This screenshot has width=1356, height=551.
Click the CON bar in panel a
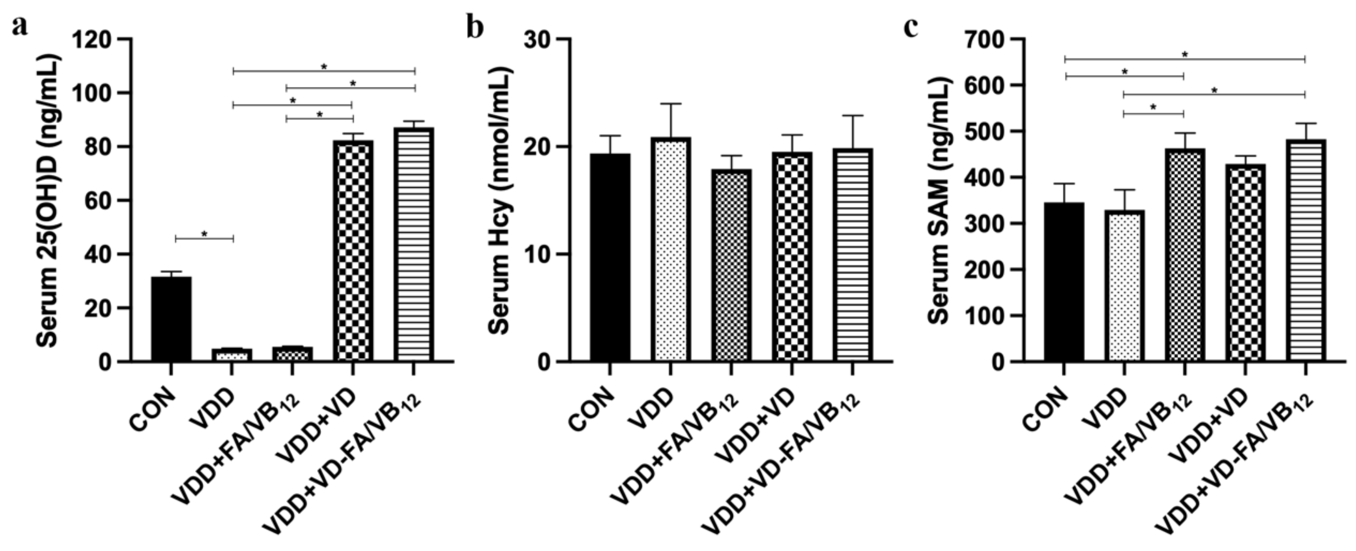point(171,318)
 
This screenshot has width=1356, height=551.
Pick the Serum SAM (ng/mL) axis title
point(940,200)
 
